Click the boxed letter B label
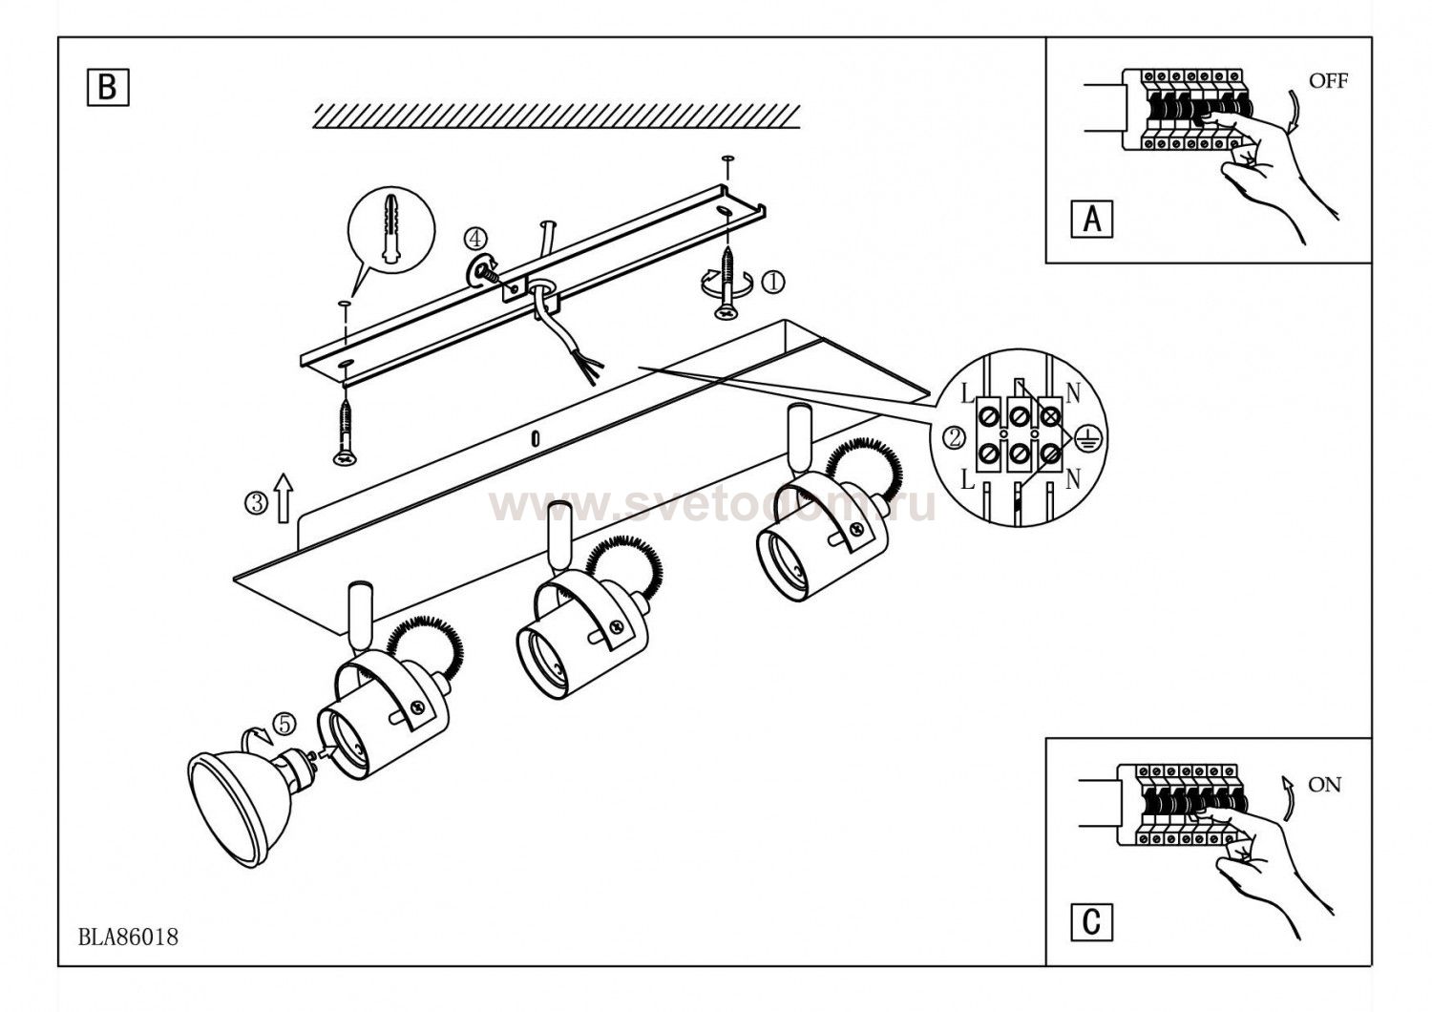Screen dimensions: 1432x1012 (x=108, y=87)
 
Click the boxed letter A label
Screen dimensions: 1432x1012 (x=1092, y=220)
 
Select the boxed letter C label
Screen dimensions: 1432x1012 (x=1092, y=922)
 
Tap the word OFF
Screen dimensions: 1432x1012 (x=1329, y=81)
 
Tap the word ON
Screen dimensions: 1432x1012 (x=1325, y=785)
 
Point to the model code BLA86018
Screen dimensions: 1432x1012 (x=128, y=938)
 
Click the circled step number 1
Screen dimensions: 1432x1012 (x=773, y=282)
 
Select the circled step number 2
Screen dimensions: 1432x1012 (x=955, y=438)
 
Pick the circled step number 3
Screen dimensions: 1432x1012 (x=257, y=503)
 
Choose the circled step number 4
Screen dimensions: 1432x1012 (x=474, y=239)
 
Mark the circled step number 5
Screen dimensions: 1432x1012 (x=284, y=725)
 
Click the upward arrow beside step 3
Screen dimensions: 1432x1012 (x=284, y=498)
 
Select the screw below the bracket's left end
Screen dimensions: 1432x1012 (x=346, y=432)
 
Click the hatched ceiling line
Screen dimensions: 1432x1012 (x=557, y=117)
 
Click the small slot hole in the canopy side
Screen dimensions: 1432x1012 (x=536, y=438)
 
